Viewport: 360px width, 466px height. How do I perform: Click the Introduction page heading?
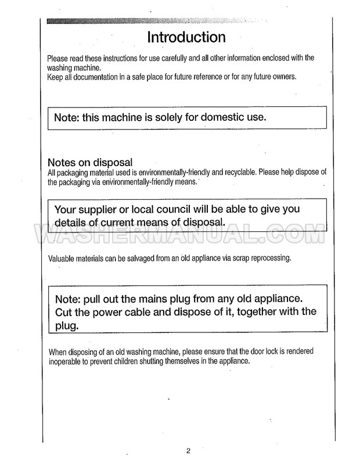tap(186, 38)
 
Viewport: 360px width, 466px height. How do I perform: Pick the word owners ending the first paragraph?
tap(283, 76)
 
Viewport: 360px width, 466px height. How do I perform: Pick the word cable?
tap(148, 311)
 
